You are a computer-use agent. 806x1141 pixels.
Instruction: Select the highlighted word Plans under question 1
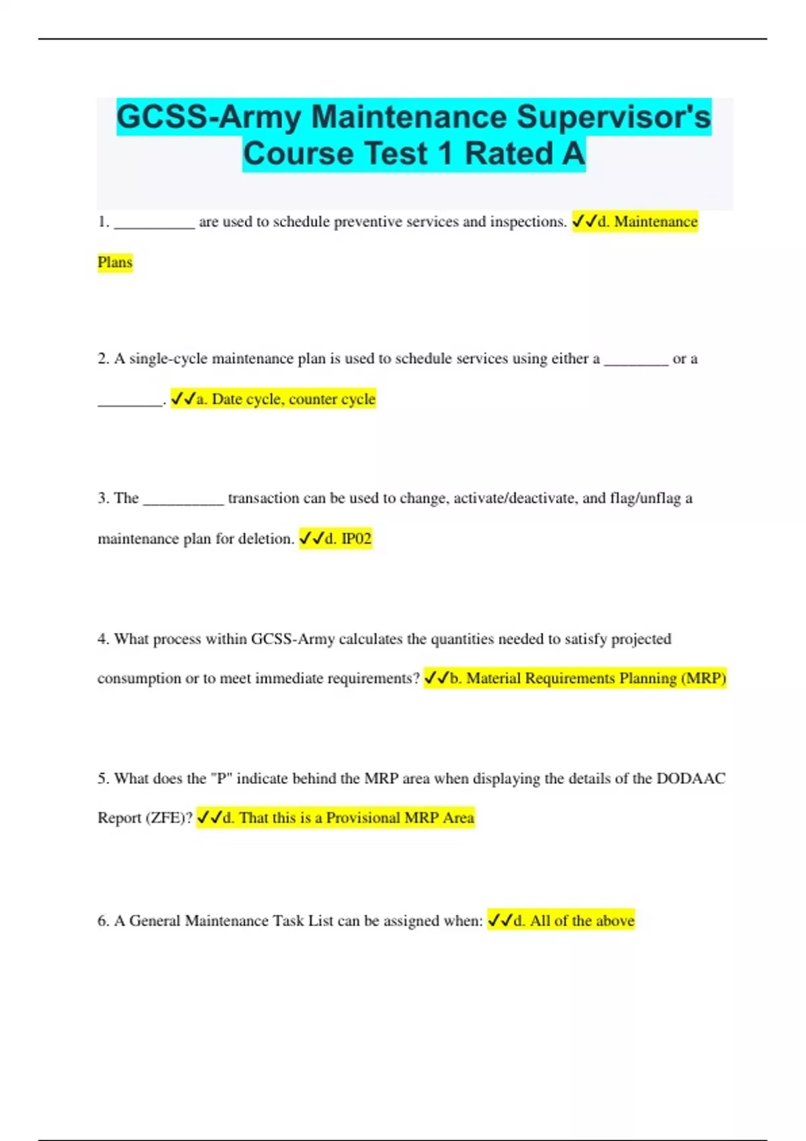pyautogui.click(x=115, y=262)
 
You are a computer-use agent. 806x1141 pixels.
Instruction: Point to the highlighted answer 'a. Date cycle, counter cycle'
pyautogui.click(x=273, y=399)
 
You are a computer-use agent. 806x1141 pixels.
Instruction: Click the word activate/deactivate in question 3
pyautogui.click(x=515, y=499)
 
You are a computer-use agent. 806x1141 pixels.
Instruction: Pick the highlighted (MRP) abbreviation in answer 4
pyautogui.click(x=704, y=679)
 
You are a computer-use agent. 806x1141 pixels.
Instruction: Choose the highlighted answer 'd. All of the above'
pyautogui.click(x=561, y=921)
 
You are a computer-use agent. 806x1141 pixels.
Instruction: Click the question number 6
pyautogui.click(x=103, y=921)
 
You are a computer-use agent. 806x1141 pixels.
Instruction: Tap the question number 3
pyautogui.click(x=103, y=499)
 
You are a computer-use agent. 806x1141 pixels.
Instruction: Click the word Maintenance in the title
pyautogui.click(x=409, y=117)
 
